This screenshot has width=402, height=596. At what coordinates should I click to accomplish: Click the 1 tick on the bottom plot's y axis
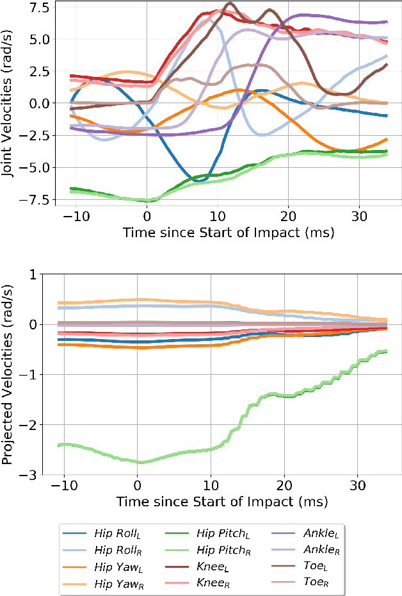44,274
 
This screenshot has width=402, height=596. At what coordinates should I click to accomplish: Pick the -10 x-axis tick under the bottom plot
63,485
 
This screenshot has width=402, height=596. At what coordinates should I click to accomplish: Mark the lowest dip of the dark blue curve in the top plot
200,181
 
